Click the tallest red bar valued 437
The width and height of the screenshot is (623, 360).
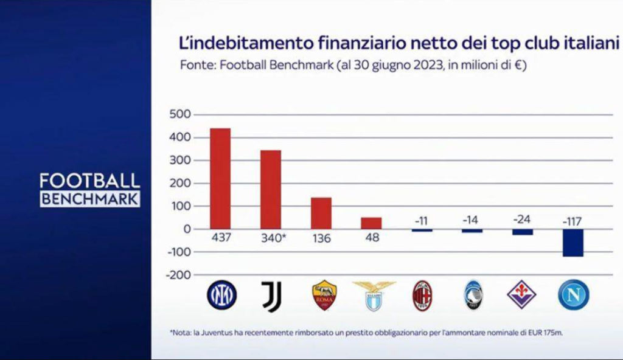tap(220, 178)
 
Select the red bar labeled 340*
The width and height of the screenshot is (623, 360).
tap(271, 190)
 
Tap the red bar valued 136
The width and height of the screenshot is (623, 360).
tap(321, 213)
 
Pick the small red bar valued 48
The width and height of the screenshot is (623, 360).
tap(372, 223)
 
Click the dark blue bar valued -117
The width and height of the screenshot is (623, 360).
tap(573, 243)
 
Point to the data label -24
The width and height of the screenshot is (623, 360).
tap(521, 220)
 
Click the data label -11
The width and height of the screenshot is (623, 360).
tap(421, 221)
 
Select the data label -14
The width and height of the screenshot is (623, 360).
tap(470, 220)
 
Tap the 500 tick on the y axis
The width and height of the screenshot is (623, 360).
tap(180, 114)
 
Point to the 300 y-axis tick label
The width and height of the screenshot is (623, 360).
tap(180, 160)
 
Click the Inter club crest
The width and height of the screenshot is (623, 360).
tap(221, 295)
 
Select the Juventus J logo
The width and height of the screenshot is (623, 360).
tap(272, 296)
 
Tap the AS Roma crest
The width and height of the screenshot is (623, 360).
tap(324, 295)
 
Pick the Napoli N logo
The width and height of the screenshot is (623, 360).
tap(573, 295)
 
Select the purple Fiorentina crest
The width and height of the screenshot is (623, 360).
tap(521, 294)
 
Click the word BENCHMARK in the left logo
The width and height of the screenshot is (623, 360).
tap(90, 199)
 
